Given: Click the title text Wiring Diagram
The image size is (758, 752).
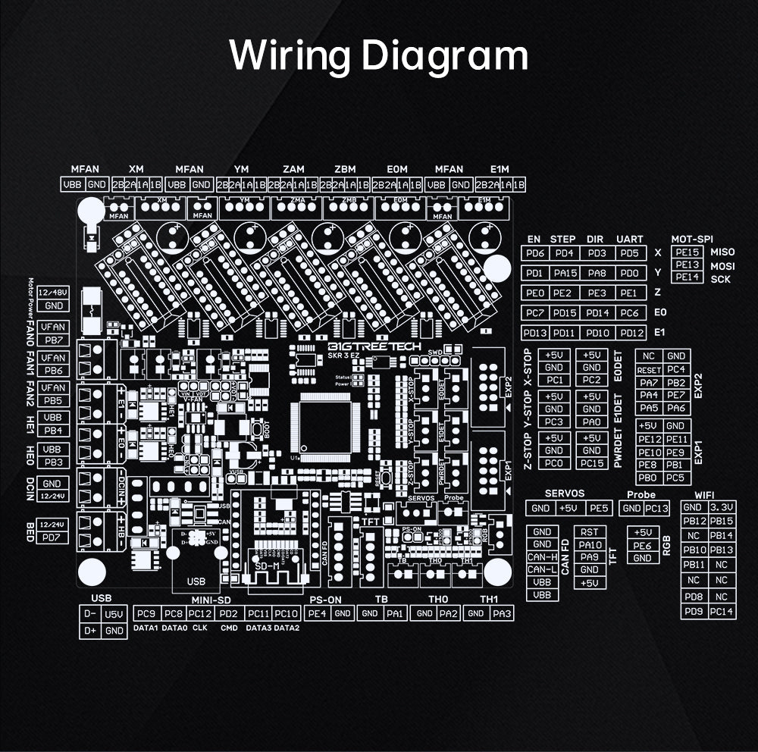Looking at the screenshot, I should (x=379, y=55).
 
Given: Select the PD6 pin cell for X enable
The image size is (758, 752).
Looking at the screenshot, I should (x=535, y=252).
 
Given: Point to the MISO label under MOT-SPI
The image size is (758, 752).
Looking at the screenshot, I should (x=722, y=252).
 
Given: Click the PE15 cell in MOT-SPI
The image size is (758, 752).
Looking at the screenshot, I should (x=687, y=252).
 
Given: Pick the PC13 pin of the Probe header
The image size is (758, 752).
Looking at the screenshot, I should (x=656, y=509).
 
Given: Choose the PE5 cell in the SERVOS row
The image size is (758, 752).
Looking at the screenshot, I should (x=598, y=509).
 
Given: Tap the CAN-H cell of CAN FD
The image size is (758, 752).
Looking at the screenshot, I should (x=542, y=557).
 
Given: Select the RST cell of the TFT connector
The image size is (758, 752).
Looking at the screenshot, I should (x=589, y=533).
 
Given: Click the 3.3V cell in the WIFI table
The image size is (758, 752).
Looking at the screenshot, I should (x=722, y=508).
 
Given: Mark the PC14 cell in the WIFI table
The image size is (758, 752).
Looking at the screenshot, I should (x=722, y=612).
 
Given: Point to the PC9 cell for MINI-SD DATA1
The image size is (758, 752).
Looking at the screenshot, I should (x=145, y=613).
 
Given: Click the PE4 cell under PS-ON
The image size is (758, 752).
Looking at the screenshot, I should (x=317, y=613).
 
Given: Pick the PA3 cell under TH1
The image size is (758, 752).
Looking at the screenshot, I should (x=503, y=613).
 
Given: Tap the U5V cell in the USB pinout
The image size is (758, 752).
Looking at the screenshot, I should (x=114, y=613).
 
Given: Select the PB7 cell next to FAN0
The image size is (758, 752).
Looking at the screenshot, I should (x=53, y=340).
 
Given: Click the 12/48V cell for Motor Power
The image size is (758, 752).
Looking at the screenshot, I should (x=54, y=293).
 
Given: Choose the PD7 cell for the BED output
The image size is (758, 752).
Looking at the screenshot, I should (x=53, y=538).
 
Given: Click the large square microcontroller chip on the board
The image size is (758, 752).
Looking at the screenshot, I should (x=326, y=423).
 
